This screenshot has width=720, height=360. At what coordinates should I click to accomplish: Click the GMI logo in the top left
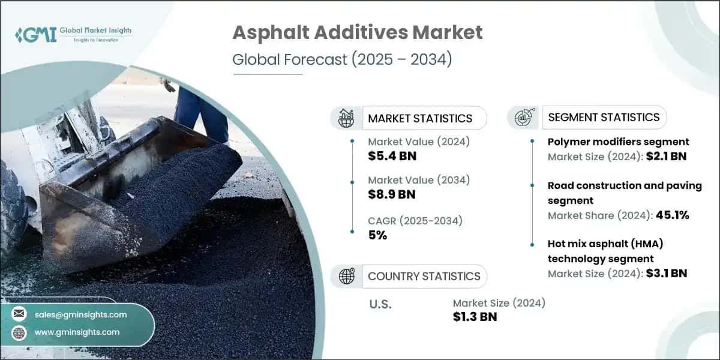pyautogui.click(x=36, y=35)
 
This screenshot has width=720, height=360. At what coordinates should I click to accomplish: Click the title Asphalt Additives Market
pyautogui.click(x=357, y=33)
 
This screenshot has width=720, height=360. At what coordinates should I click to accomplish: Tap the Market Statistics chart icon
pyautogui.click(x=346, y=118)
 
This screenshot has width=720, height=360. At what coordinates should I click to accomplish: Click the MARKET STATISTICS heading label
pyautogui.click(x=420, y=118)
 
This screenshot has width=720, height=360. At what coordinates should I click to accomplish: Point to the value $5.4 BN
pyautogui.click(x=392, y=156)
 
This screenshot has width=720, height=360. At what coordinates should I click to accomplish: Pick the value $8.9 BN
pyautogui.click(x=392, y=194)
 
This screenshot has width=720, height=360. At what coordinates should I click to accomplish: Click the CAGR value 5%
pyautogui.click(x=377, y=235)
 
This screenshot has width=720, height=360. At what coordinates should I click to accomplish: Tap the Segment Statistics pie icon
pyautogui.click(x=523, y=117)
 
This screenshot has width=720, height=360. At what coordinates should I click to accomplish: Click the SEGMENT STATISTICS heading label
pyautogui.click(x=604, y=117)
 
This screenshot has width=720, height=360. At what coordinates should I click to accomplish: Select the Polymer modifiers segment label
pyautogui.click(x=618, y=142)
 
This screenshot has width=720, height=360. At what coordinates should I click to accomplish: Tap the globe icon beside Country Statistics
pyautogui.click(x=346, y=276)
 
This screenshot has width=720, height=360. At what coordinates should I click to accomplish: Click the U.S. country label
pyautogui.click(x=380, y=304)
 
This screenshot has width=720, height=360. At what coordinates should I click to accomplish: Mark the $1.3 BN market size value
pyautogui.click(x=475, y=317)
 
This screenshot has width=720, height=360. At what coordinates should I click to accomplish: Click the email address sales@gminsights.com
pyautogui.click(x=80, y=314)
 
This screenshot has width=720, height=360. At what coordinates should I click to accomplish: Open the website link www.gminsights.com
pyautogui.click(x=77, y=332)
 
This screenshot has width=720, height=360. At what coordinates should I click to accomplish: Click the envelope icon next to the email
pyautogui.click(x=20, y=314)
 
